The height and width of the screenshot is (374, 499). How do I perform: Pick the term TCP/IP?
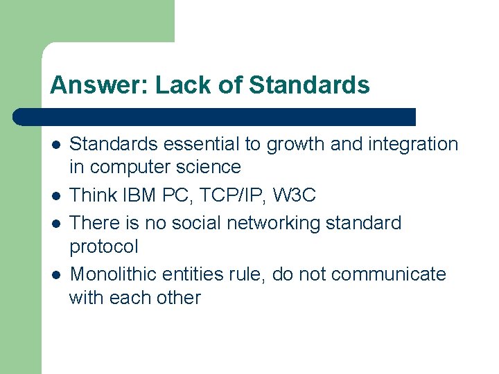click(231, 195)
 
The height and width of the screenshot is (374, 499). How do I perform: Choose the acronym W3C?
click(294, 195)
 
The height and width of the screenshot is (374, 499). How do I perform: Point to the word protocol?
click(104, 247)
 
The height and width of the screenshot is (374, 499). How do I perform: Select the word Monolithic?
click(113, 274)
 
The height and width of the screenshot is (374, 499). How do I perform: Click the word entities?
click(191, 274)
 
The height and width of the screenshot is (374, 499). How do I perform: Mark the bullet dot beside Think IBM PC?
click(55, 196)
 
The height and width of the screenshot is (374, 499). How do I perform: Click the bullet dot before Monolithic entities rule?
click(55, 275)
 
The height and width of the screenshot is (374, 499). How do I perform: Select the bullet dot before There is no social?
click(55, 224)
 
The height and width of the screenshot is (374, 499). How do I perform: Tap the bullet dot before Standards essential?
click(55, 145)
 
